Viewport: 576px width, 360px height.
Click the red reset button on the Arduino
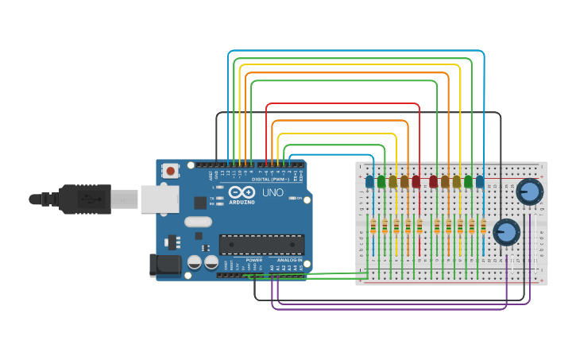[x=171, y=170]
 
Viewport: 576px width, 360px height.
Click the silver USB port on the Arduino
[x=160, y=199]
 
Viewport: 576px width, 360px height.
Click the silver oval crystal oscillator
[x=199, y=222]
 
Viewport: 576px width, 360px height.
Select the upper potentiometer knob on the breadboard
[x=529, y=192]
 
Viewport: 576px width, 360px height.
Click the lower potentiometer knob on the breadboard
[x=506, y=232]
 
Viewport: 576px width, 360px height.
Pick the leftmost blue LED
[x=369, y=182]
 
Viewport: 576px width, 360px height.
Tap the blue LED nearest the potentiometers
[x=480, y=182]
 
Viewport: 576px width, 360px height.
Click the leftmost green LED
[x=381, y=182]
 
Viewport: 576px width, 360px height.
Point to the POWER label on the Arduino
[x=253, y=260]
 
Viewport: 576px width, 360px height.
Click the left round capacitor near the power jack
[x=194, y=261]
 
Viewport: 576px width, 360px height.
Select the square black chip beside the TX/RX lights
[x=200, y=203]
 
